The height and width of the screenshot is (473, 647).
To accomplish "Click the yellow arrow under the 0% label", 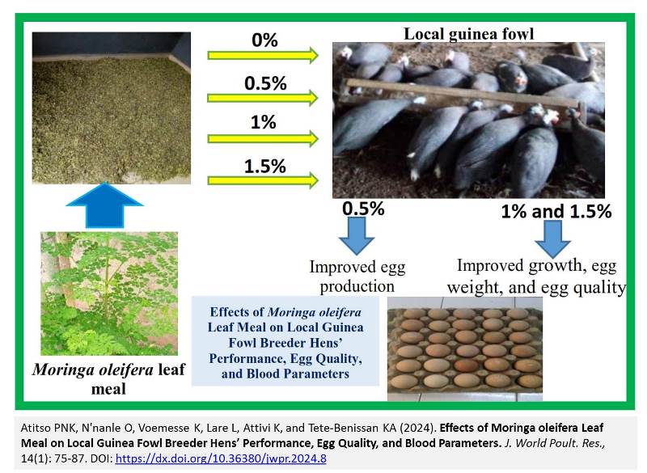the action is pos(263,55).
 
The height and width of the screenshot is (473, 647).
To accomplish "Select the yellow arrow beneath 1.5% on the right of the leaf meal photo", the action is pos(263,180).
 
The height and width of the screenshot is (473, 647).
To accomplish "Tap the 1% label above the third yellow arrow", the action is pos(264,122).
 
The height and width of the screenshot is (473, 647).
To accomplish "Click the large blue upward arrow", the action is pos(104,205).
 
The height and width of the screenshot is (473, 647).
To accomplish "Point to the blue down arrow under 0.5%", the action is pos(357,235).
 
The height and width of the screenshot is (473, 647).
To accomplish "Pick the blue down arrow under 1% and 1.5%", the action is pos(552,239).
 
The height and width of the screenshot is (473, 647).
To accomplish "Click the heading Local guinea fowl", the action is pos(469,34).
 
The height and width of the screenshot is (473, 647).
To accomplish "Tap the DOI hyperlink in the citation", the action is pos(221,458).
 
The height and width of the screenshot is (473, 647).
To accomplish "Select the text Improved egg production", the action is pos(357,277).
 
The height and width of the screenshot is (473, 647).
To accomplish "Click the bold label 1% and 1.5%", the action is pos(556,211).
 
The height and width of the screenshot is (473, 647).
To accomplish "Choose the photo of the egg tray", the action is pos(464,348).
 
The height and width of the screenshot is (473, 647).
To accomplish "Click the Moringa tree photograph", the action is pos(109,294).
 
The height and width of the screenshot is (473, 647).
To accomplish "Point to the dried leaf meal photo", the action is pos(112,108).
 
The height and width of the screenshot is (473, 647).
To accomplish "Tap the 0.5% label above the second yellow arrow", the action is pos(265,83).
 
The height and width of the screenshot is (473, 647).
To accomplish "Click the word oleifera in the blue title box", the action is pos(314,312).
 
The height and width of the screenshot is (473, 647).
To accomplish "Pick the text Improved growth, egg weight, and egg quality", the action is pos(536,277).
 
